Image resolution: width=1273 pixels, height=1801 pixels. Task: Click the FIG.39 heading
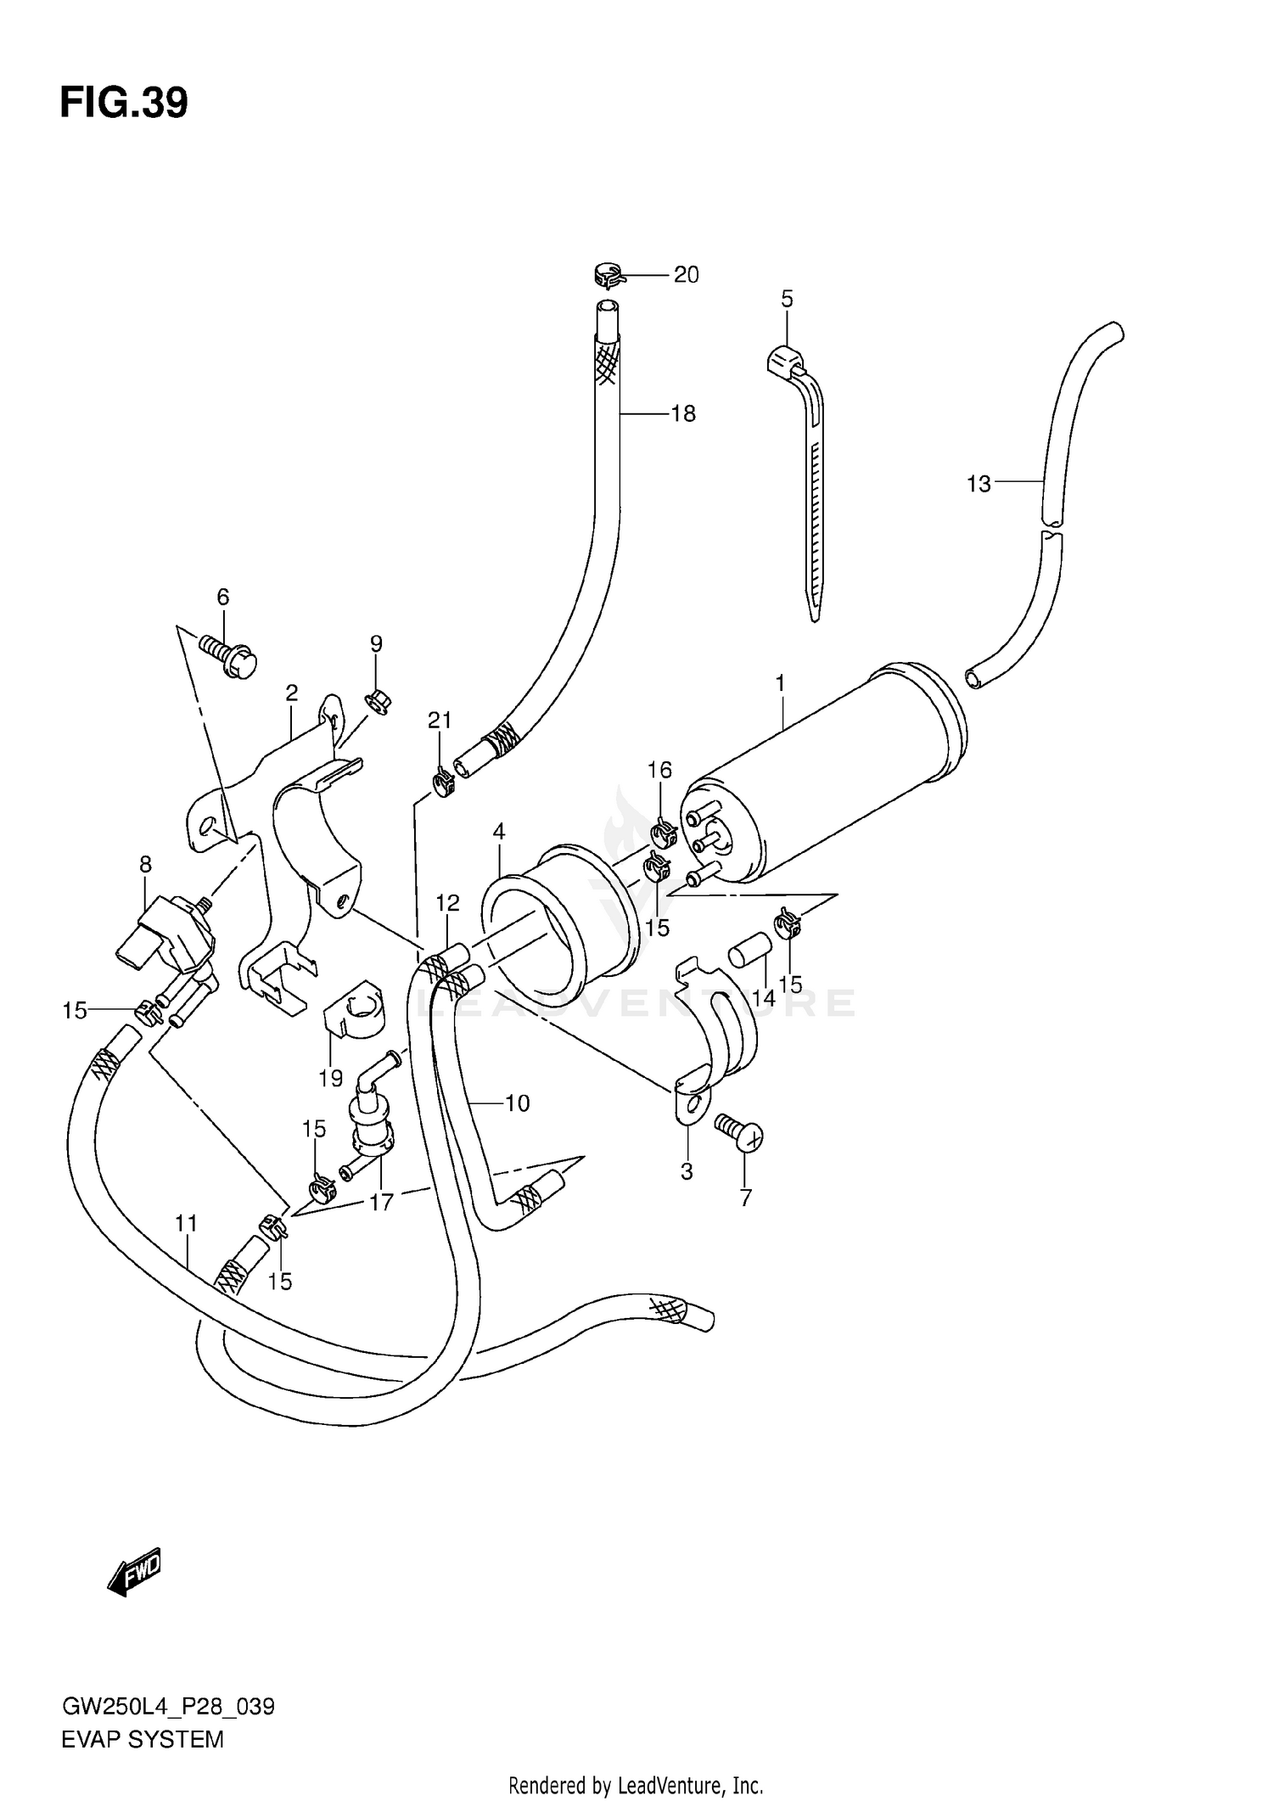[124, 104]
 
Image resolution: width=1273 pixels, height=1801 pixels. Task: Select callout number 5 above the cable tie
[787, 299]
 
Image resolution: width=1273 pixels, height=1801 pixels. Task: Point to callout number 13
[979, 484]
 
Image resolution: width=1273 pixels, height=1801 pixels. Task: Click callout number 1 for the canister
[780, 682]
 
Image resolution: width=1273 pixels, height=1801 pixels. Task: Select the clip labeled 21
[442, 781]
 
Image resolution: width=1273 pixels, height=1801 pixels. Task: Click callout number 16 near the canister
[659, 770]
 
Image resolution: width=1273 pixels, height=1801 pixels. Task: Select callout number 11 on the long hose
[187, 1224]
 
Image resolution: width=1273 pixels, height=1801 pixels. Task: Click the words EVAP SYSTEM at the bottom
[143, 1739]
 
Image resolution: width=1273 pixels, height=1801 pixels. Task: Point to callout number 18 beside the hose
[683, 413]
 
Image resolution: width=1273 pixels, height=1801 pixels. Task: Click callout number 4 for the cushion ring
[499, 831]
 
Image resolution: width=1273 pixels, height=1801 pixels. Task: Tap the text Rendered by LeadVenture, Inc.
[636, 1785]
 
